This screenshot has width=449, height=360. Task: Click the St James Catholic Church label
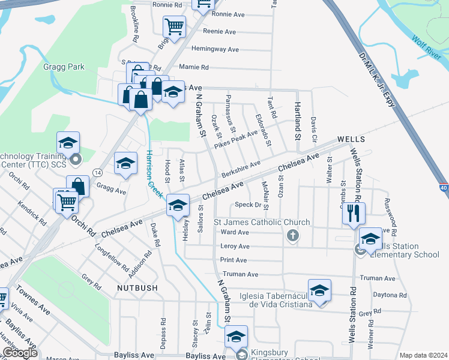coord(262,223)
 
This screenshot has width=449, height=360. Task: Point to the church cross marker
coord(293,235)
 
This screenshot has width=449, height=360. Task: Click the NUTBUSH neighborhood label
coord(138,289)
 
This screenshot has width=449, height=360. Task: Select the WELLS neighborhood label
coord(351,139)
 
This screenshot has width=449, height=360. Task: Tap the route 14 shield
coord(96,172)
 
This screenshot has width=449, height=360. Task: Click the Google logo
coord(20,353)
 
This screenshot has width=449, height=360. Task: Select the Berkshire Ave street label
coord(240,167)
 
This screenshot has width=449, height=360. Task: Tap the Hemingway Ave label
coord(215,49)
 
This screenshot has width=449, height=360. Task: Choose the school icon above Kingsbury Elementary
coord(237,336)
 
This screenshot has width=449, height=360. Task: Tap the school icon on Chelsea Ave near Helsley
coord(178,205)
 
